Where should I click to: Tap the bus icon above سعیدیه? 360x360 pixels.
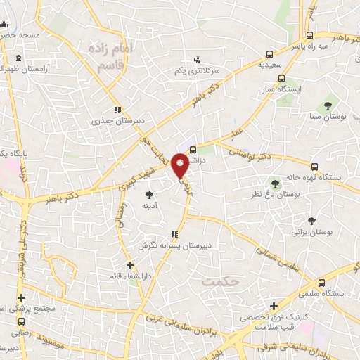click(271, 53)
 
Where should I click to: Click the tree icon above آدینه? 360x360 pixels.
click(148, 195)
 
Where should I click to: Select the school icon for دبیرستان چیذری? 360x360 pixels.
click(117, 110)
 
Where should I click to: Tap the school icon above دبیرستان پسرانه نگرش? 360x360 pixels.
click(174, 234)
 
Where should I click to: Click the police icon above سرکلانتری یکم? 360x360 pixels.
click(197, 60)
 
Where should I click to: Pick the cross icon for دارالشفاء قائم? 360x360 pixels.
click(129, 265)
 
